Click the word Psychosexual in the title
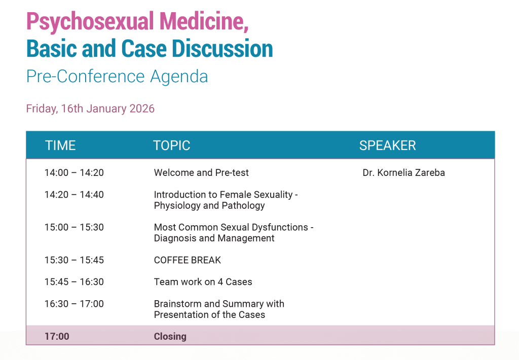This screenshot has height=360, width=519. [x=90, y=22]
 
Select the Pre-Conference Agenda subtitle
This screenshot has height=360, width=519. [x=117, y=76]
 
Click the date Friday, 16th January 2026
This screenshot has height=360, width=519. [x=90, y=109]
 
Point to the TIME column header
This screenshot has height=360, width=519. [x=60, y=146]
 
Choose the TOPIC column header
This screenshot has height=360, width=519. [x=171, y=146]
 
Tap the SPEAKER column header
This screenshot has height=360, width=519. [x=388, y=146]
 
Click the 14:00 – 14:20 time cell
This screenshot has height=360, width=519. [x=74, y=172]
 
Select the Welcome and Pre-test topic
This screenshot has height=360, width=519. [x=201, y=172]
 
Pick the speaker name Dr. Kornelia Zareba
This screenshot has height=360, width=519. [x=404, y=172]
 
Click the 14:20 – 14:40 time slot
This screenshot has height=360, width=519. [x=74, y=194]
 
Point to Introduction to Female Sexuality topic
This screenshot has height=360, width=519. [x=226, y=200]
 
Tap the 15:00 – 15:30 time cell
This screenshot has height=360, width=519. [x=74, y=227]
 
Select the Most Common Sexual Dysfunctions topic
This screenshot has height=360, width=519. [x=234, y=233]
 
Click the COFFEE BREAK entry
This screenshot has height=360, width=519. [x=188, y=260]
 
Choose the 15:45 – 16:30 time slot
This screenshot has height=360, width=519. [x=74, y=282]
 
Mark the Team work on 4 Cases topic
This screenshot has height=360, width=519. [x=203, y=282]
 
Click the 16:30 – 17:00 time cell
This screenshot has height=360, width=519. [x=74, y=304]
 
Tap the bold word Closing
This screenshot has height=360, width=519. [x=170, y=337]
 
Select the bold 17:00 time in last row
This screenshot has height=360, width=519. [x=57, y=337]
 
